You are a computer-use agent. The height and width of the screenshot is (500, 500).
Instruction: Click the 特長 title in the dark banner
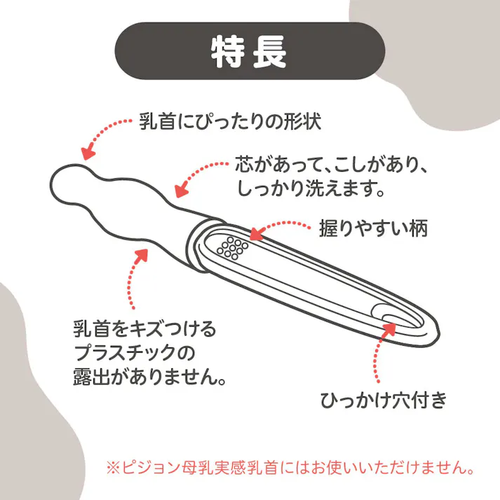(x=249, y=51)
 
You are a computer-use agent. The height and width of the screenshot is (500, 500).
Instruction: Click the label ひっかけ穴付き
(x=384, y=400)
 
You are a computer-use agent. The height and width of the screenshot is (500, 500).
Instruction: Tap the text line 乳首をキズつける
(x=144, y=328)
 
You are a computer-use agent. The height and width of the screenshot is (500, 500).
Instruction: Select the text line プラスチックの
(x=133, y=353)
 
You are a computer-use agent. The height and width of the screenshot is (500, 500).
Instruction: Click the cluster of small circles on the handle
(x=231, y=248)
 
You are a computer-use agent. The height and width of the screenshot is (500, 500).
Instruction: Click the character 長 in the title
(x=270, y=51)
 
